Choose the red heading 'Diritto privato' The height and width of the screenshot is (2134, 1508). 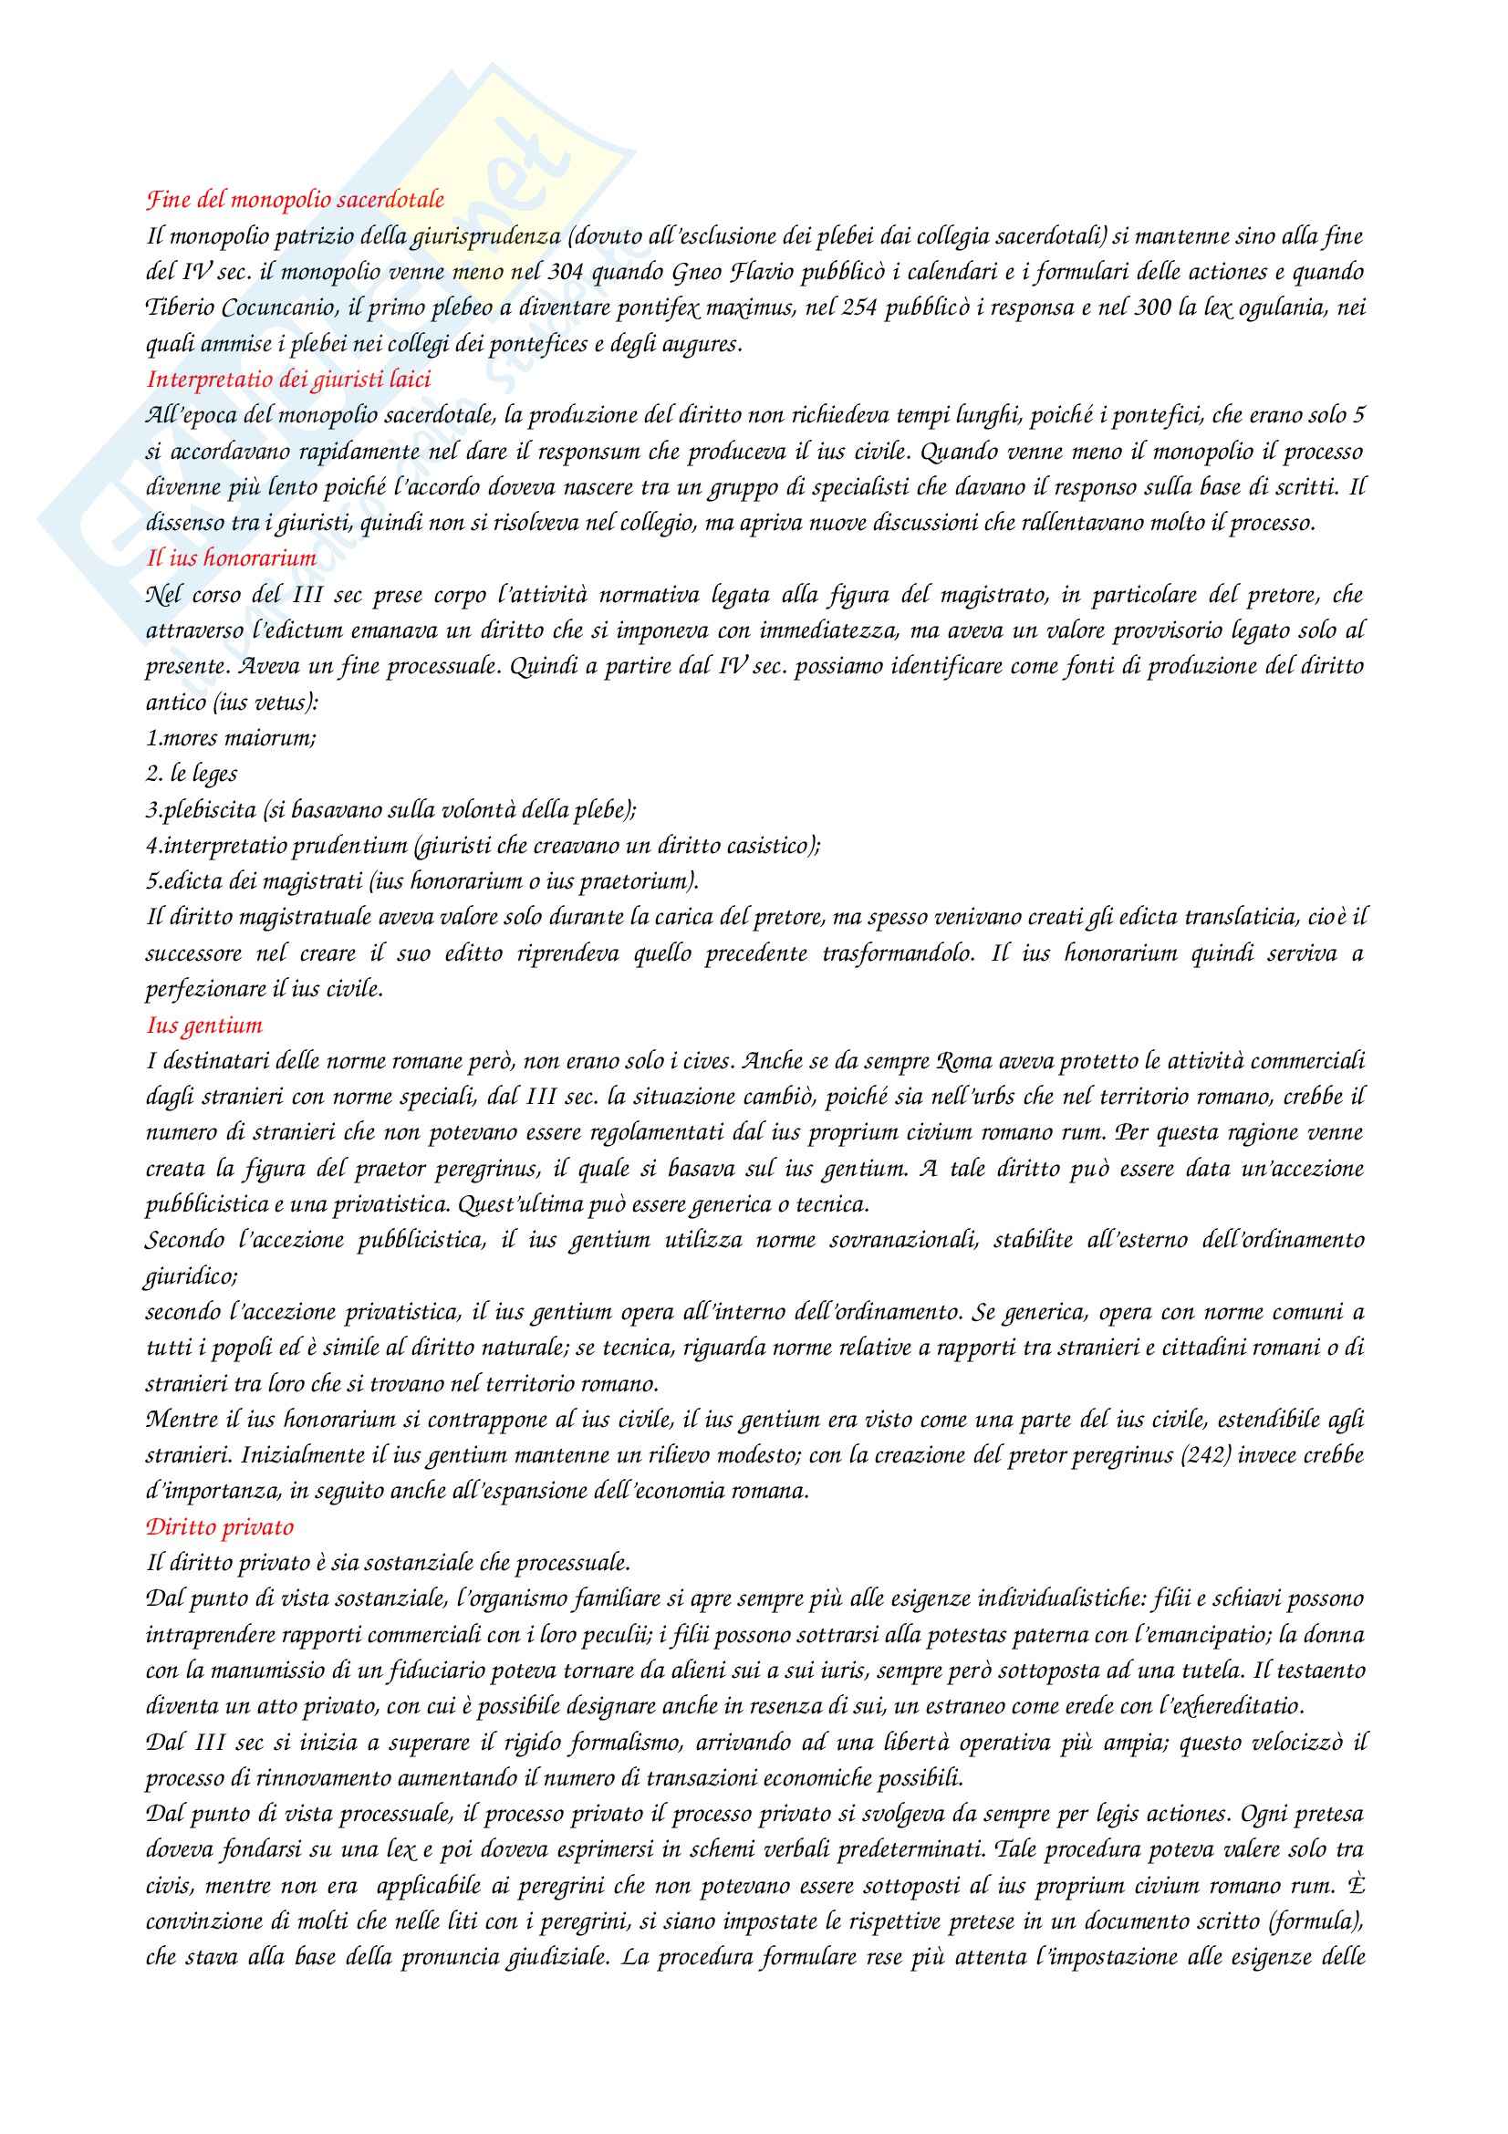(x=219, y=1527)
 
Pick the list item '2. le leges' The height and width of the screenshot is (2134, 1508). (x=192, y=775)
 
